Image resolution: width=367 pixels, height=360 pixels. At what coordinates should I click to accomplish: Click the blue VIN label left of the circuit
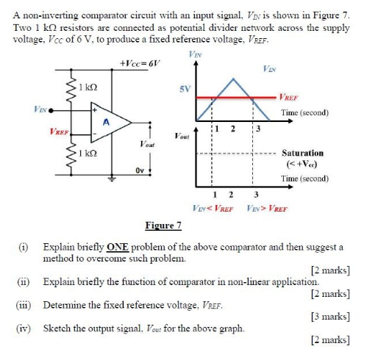click(x=40, y=109)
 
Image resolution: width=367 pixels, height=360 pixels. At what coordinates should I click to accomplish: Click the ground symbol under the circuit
click(x=111, y=179)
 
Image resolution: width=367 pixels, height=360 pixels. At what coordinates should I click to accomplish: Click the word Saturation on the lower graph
click(x=302, y=153)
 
